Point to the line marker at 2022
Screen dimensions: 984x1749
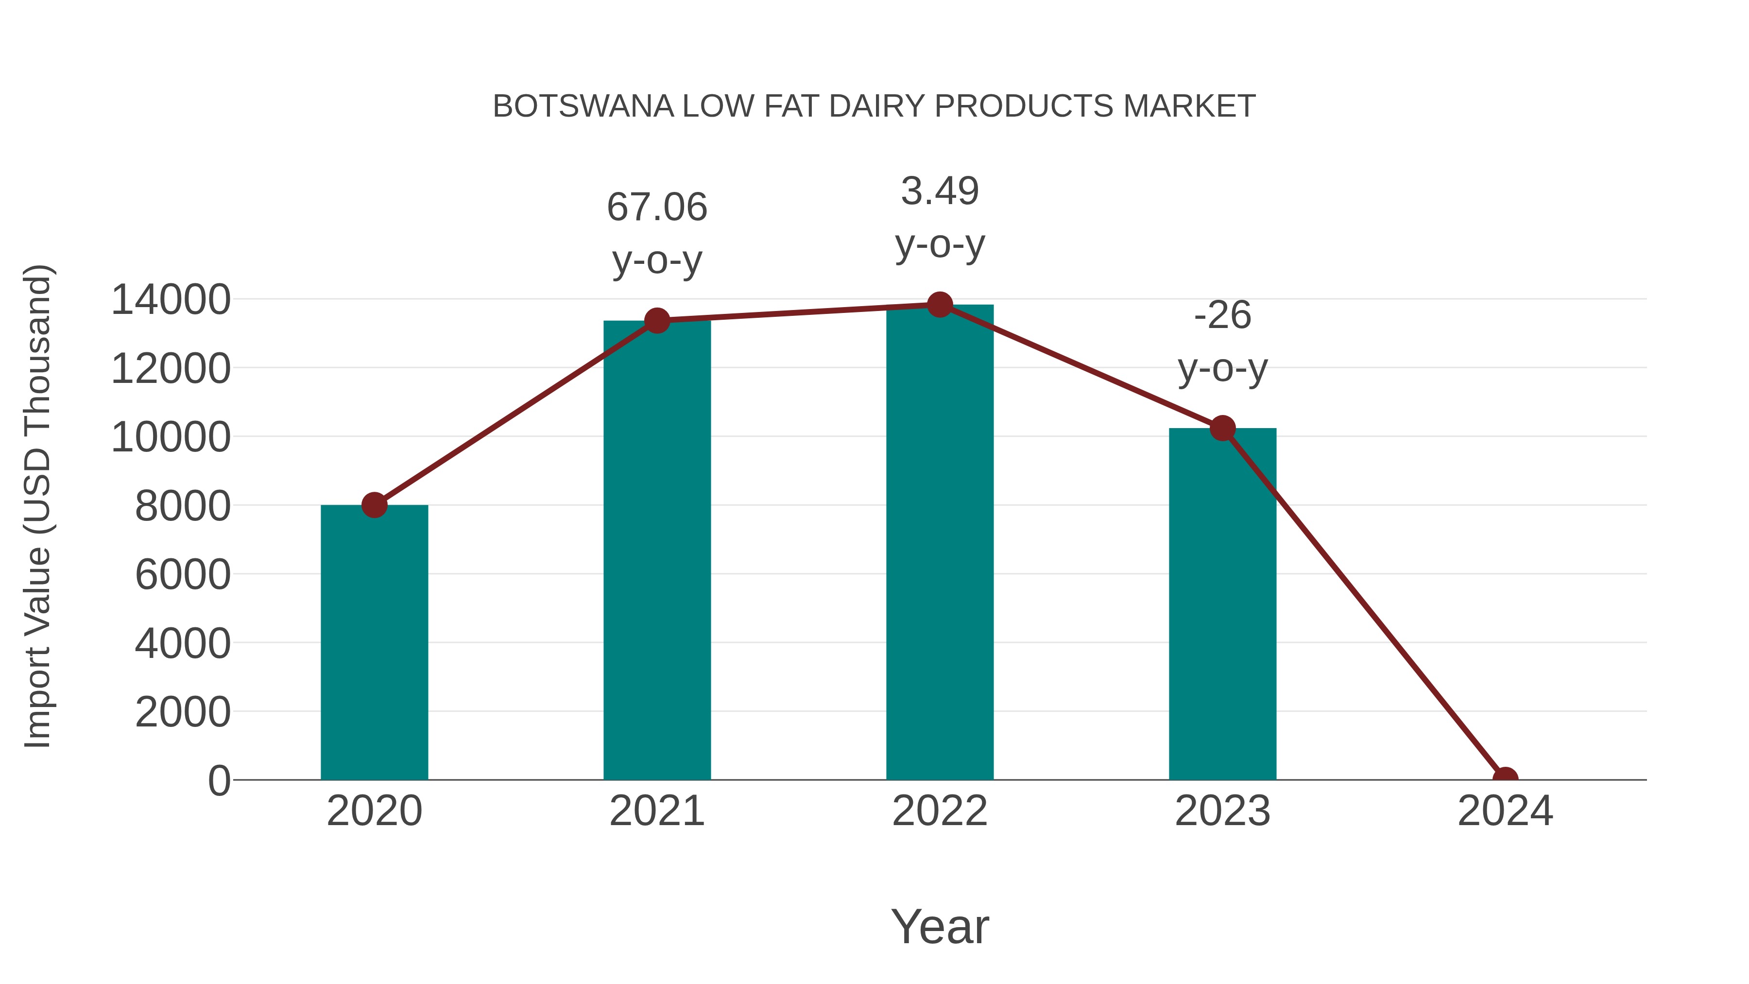pos(940,305)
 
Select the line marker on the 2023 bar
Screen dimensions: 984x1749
pos(1222,429)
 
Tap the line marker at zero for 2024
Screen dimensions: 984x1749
pos(1505,778)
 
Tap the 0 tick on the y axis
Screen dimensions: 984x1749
pos(219,780)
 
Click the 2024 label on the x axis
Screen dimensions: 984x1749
pos(1505,811)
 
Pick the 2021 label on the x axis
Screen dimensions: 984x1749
pos(656,811)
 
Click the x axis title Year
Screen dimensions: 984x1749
pos(940,926)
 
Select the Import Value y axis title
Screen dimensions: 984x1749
pos(38,506)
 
